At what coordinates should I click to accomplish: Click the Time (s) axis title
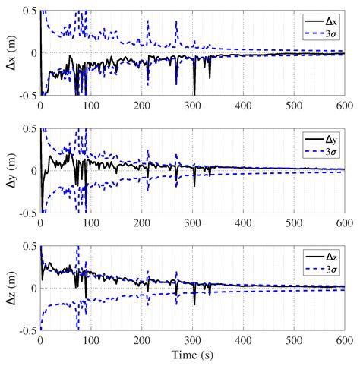(x=192, y=356)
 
